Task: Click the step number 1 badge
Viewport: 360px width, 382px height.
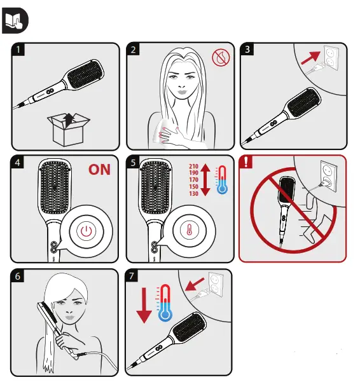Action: tap(18, 50)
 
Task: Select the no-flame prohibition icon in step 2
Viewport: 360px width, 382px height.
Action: tap(221, 58)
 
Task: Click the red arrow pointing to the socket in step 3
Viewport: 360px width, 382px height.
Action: tap(310, 58)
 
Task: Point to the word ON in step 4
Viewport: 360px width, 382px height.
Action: tap(99, 170)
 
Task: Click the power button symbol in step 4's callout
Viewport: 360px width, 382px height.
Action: tap(87, 231)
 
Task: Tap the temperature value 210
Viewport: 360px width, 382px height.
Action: tap(193, 166)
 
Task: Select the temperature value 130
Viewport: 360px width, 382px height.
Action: tap(193, 194)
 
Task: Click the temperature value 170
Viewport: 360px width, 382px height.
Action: tap(193, 180)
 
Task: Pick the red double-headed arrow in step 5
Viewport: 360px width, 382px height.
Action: tap(205, 180)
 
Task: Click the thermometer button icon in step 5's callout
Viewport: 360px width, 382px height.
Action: tap(189, 229)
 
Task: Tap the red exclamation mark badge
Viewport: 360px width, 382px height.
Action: tap(246, 161)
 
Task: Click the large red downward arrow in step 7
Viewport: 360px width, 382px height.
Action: tap(144, 305)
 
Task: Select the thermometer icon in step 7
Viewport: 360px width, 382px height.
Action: tap(165, 303)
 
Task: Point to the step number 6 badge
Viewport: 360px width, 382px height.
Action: tap(18, 276)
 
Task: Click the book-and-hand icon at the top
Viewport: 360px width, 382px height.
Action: tap(15, 20)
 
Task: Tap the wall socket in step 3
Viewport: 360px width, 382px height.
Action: tap(331, 57)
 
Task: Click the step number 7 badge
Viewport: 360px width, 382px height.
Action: tap(132, 276)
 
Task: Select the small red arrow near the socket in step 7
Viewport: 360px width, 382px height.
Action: tap(195, 285)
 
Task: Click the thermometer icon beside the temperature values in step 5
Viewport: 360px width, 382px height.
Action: tap(222, 180)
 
